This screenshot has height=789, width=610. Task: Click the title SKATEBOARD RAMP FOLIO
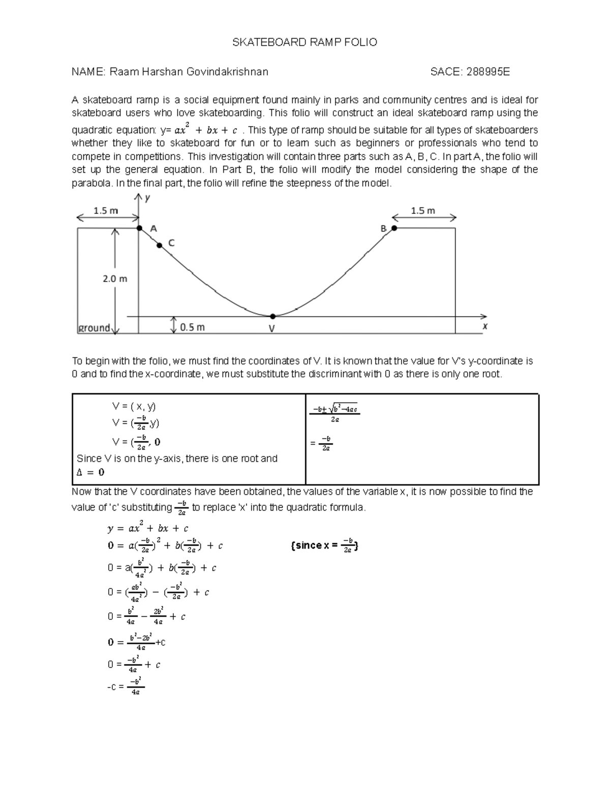click(304, 43)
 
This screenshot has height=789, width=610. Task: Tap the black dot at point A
click(140, 228)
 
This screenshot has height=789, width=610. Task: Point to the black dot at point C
click(159, 245)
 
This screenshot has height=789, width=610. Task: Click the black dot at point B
click(394, 229)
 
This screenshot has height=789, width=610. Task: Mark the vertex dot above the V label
click(272, 316)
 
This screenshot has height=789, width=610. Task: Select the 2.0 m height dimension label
click(115, 278)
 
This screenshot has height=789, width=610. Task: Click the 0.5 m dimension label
click(192, 328)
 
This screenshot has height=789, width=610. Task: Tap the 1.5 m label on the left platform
click(105, 210)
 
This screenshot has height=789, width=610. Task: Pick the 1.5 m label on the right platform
click(422, 210)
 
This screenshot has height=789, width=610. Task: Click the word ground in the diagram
click(94, 328)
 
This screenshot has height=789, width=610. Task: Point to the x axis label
click(485, 327)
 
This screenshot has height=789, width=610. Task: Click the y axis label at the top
click(147, 199)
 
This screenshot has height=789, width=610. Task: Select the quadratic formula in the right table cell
click(335, 413)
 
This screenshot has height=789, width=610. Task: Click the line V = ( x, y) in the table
click(134, 406)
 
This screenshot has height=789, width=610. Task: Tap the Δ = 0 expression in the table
click(90, 472)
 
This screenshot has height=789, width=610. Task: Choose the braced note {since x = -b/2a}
click(325, 546)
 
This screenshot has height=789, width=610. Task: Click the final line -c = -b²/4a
click(126, 686)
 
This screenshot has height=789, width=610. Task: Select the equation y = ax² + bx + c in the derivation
click(148, 528)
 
